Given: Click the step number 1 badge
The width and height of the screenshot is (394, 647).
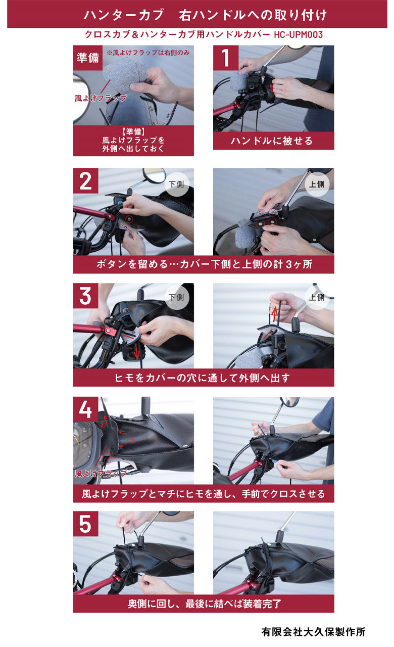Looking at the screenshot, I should [x=225, y=58].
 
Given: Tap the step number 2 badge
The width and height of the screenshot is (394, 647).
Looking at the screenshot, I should [x=85, y=181].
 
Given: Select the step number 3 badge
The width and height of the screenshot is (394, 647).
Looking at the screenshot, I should [x=85, y=296].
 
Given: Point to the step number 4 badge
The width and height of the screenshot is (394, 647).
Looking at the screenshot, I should [x=85, y=409].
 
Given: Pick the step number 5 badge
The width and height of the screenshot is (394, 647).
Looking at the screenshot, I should [x=85, y=524].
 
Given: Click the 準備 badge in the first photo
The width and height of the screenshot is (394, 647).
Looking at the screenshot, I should [x=87, y=58].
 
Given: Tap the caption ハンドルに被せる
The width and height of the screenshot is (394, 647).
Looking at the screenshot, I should [x=273, y=141].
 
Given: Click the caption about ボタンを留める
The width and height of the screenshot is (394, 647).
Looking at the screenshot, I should [x=203, y=264].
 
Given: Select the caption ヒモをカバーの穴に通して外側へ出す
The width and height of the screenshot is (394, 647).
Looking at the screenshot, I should [x=203, y=378].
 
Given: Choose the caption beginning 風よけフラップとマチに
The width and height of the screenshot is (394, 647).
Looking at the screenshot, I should [x=203, y=493].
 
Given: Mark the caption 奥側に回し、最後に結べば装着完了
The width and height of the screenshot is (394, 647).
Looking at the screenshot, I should [x=203, y=604].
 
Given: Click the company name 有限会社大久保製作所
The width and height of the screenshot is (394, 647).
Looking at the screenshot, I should [x=313, y=632].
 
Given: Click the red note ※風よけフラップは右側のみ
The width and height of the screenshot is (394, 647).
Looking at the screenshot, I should [x=147, y=52].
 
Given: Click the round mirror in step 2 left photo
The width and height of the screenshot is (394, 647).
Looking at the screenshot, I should [x=154, y=175].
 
